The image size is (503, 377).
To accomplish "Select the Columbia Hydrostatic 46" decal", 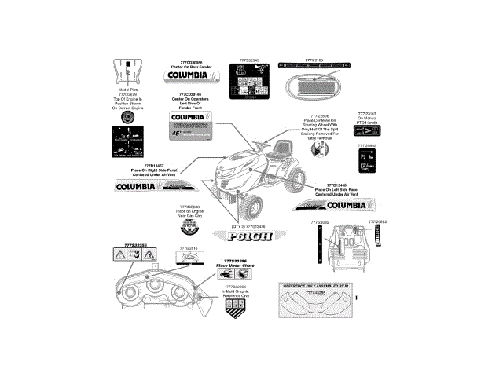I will tap(194, 126).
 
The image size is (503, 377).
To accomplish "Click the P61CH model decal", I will tap(247, 235).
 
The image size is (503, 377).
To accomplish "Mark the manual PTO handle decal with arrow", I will tap(367, 131).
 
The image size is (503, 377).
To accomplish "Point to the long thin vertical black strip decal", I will tap(319, 245).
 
